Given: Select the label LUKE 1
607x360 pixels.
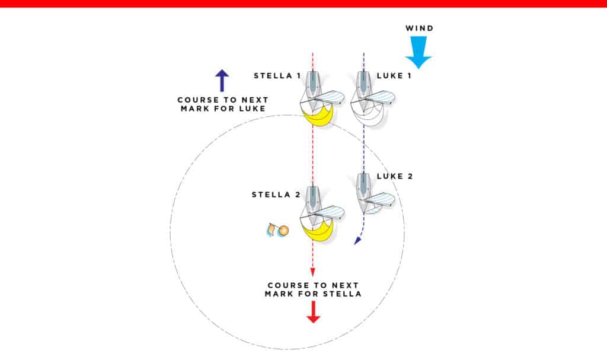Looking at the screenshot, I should pos(394,76).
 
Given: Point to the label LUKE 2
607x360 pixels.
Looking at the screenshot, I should pos(394,176).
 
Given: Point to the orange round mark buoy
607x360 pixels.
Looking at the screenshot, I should pos(283,230).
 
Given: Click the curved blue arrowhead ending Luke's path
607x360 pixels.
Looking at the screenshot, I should pos(357,241).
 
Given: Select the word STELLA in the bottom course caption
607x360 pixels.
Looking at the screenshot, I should pos(343,294).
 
